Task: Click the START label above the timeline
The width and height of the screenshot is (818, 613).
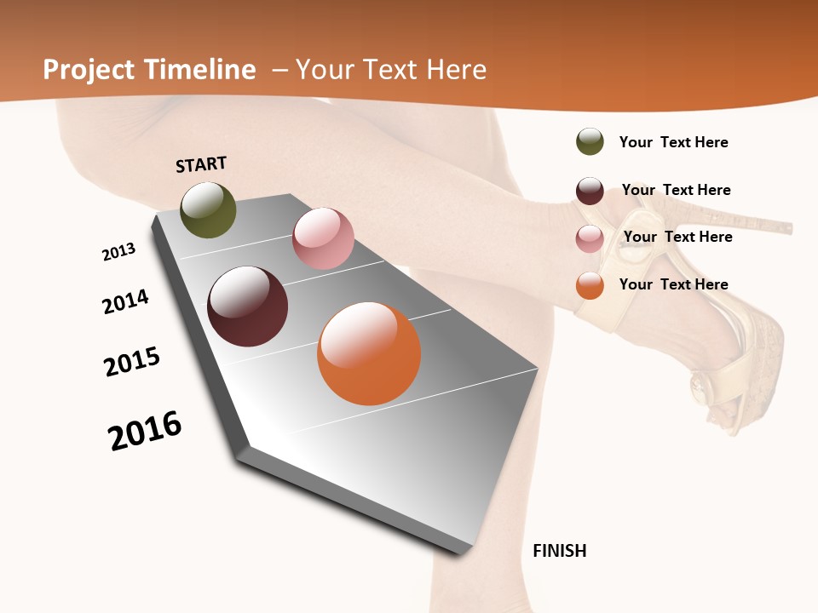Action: point(201,164)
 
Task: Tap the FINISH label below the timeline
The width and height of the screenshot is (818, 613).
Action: point(560,551)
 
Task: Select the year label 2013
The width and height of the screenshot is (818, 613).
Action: point(118,252)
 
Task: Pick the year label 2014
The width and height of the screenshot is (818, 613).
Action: point(125,301)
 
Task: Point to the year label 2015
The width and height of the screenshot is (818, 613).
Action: point(132,362)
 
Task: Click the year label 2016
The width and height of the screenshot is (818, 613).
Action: point(145,431)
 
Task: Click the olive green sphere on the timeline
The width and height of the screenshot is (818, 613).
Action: point(209,210)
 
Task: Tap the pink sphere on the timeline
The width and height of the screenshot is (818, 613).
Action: point(323,238)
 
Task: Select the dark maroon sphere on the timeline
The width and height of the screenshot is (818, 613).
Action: point(248,306)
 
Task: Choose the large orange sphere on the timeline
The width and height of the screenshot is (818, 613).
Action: point(369,353)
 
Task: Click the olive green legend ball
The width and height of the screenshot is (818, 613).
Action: point(590,141)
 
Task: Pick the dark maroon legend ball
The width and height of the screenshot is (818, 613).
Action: point(590,191)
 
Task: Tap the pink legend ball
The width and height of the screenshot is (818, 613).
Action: point(590,238)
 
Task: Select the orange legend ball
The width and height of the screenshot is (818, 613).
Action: point(590,285)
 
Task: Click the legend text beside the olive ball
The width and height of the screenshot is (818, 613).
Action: point(673,142)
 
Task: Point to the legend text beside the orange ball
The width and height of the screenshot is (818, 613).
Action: point(673,284)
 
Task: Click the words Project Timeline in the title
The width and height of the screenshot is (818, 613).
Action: point(149,70)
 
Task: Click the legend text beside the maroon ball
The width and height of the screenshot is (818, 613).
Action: point(676,190)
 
